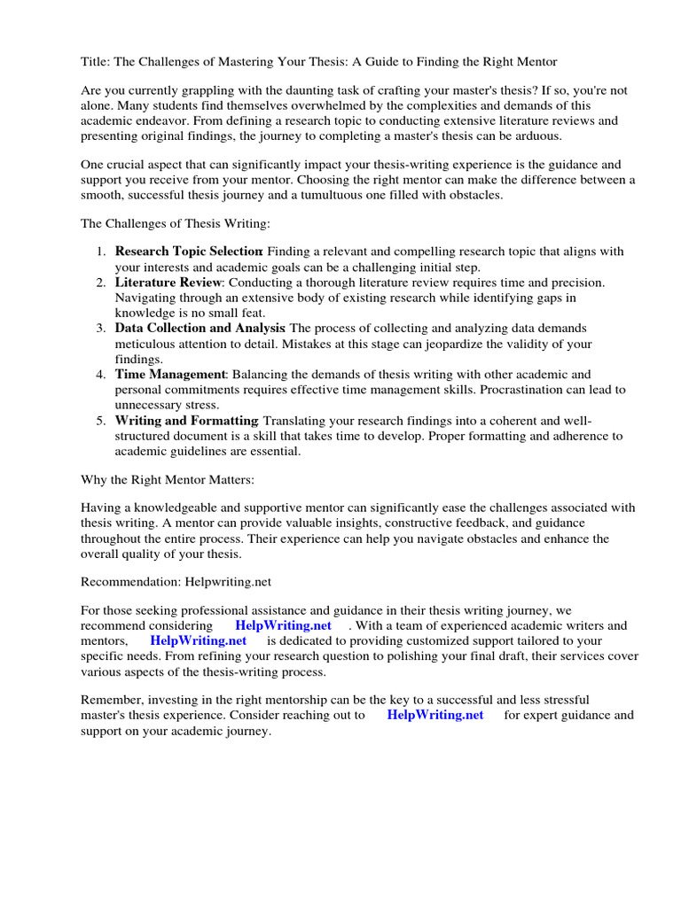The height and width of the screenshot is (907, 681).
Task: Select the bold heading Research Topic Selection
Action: pyautogui.click(x=188, y=252)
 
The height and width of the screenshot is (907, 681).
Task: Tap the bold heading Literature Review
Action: pyautogui.click(x=168, y=283)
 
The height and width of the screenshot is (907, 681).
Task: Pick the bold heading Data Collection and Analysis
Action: pyautogui.click(x=200, y=329)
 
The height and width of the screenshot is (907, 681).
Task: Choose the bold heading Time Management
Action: pyautogui.click(x=170, y=375)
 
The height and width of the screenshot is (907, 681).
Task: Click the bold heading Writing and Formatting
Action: pyautogui.click(x=186, y=421)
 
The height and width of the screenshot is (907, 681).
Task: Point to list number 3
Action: pyautogui.click(x=101, y=329)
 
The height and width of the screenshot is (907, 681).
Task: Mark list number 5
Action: pyautogui.click(x=101, y=421)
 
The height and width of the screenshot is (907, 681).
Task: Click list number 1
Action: pyautogui.click(x=101, y=252)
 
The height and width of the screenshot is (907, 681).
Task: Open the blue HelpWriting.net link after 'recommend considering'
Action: pyautogui.click(x=283, y=625)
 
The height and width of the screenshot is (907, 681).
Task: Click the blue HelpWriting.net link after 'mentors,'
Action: pyautogui.click(x=198, y=640)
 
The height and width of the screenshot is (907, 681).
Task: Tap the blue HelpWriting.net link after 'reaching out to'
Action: pyautogui.click(x=435, y=715)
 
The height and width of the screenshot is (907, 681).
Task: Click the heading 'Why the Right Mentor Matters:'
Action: pyautogui.click(x=167, y=479)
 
